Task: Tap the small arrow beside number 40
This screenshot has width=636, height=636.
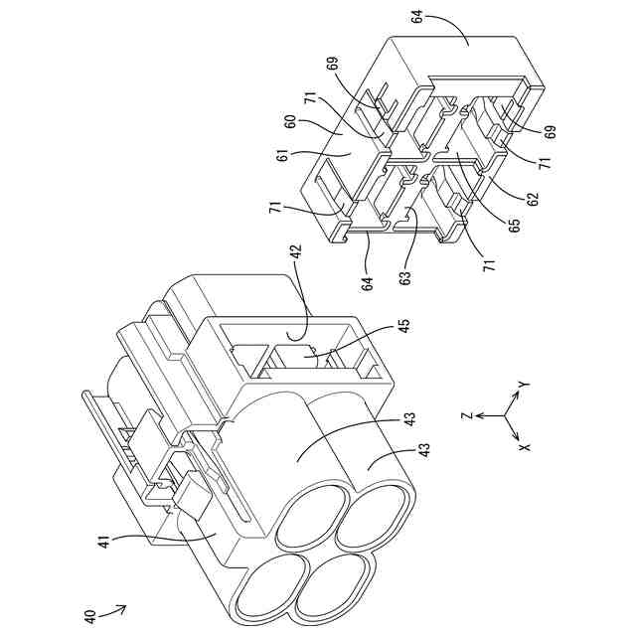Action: point(116,607)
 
